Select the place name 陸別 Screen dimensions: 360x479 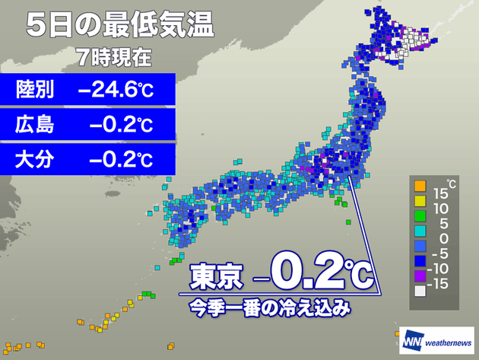pos(35,91)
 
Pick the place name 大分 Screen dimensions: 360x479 pos(35,160)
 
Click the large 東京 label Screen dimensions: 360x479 pos(215,276)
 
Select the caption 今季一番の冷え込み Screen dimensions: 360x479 pos(270,308)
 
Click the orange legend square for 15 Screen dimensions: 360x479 pos(418,186)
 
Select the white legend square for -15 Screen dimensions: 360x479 pos(418,291)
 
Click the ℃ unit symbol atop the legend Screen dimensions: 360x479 pos(451,183)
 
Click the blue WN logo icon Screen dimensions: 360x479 pos(412,339)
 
